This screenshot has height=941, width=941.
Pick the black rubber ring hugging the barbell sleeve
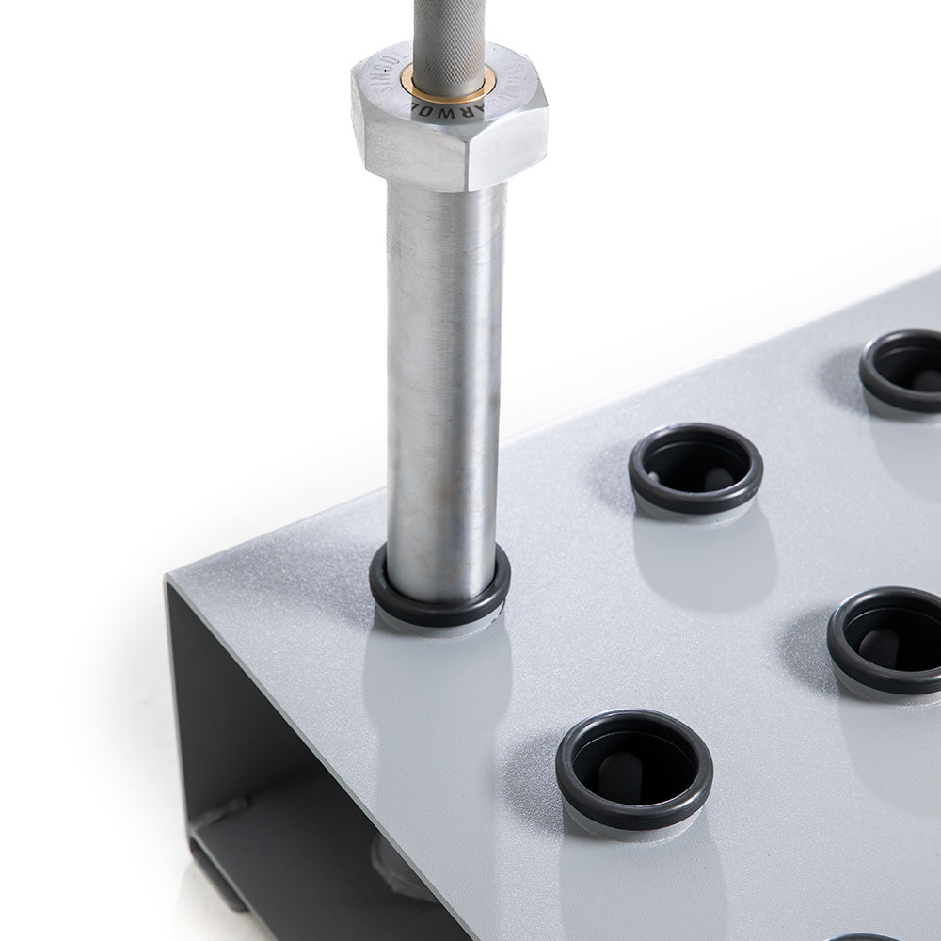click(439, 602)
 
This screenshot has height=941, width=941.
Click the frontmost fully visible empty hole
click(633, 767)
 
